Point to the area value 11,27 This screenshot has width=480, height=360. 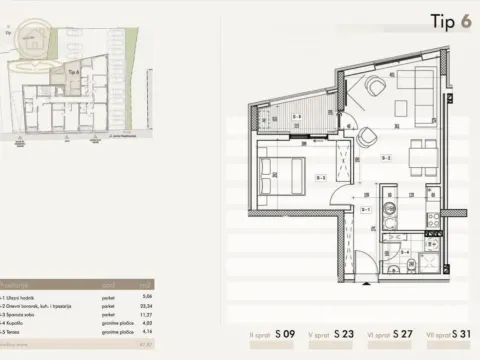(145, 315)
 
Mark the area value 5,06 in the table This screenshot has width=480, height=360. (146, 298)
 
